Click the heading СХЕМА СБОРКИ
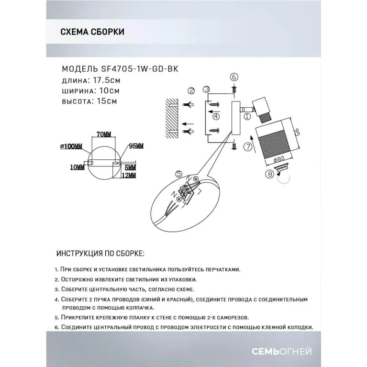point(93,32)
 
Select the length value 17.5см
point(105,79)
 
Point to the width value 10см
point(109,90)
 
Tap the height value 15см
point(106,101)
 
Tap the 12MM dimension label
point(130,176)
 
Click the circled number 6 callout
point(234,77)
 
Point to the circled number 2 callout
point(191,90)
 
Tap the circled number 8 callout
point(270,175)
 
